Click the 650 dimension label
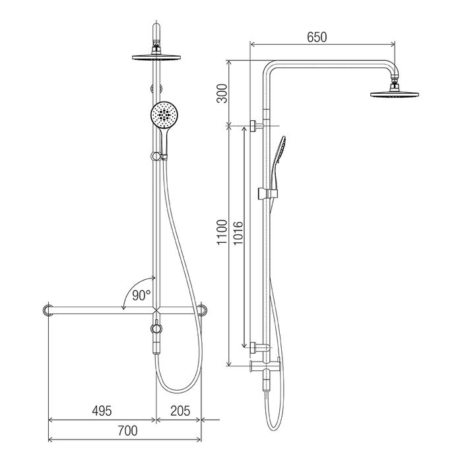pyautogui.click(x=317, y=38)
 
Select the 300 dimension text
pyautogui.click(x=222, y=94)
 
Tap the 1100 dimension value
pyautogui.click(x=222, y=232)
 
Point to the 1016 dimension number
pyautogui.click(x=238, y=233)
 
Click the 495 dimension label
pyautogui.click(x=102, y=411)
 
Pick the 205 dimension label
pyautogui.click(x=180, y=411)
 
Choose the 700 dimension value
pyautogui.click(x=127, y=431)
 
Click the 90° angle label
pyautogui.click(x=141, y=295)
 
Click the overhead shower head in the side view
pyautogui.click(x=395, y=94)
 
